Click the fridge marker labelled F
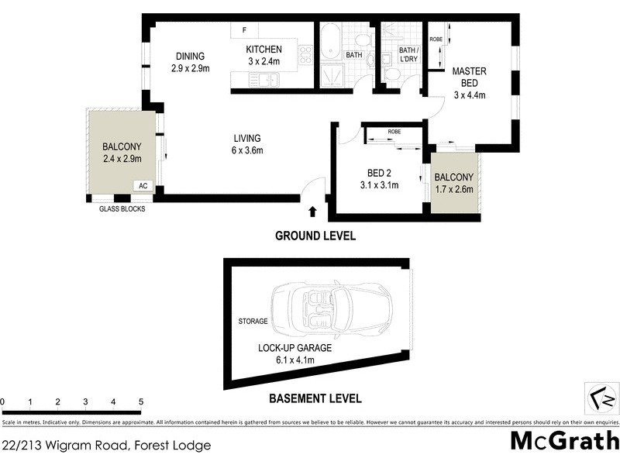(x=244, y=30)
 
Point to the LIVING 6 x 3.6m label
(x=246, y=144)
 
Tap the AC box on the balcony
(x=143, y=186)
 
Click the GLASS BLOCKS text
(x=122, y=208)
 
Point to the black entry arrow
(x=312, y=211)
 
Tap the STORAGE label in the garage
(x=253, y=321)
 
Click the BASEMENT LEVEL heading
(x=315, y=399)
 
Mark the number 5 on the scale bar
(x=141, y=402)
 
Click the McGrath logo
(x=565, y=442)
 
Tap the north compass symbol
(x=601, y=399)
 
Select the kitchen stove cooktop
(x=305, y=54)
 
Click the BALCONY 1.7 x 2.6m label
(x=453, y=183)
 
